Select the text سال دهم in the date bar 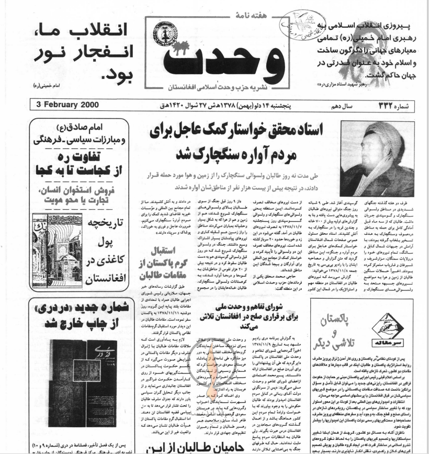[x=342, y=104]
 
